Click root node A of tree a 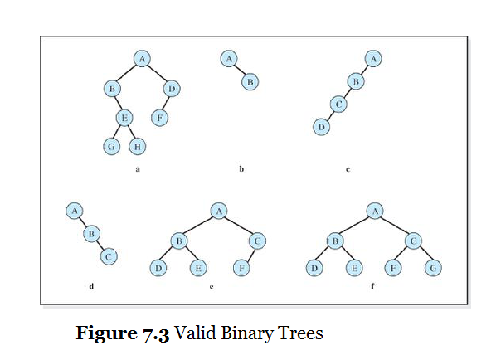click(143, 58)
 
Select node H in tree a click(138, 147)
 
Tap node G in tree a click(109, 147)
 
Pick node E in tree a click(124, 118)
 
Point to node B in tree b click(250, 81)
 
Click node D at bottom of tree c click(321, 127)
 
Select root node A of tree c click(374, 59)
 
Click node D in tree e click(158, 268)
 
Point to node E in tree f click(354, 268)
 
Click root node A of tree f click(376, 212)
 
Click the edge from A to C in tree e click(238, 226)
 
